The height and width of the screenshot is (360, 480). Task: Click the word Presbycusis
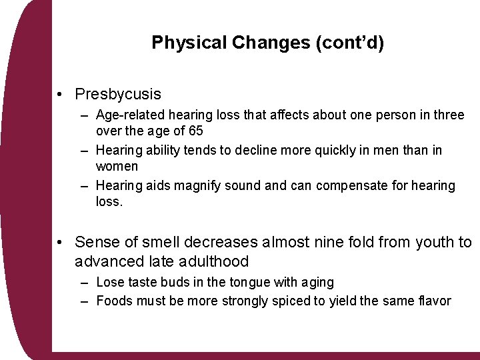pyautogui.click(x=118, y=95)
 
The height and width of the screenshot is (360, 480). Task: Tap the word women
pyautogui.click(x=117, y=165)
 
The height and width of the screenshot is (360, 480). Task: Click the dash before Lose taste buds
pyautogui.click(x=85, y=283)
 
